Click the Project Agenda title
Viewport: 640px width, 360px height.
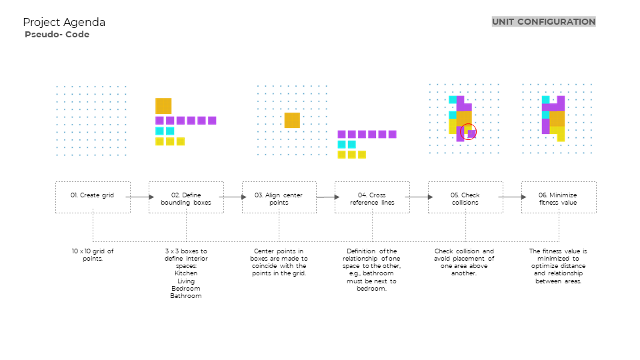click(64, 23)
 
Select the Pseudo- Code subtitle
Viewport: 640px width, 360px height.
click(57, 35)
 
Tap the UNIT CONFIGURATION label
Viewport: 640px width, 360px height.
click(543, 22)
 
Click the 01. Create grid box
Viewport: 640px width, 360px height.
click(93, 197)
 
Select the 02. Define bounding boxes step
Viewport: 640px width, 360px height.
click(186, 197)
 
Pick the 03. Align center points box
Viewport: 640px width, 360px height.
click(279, 197)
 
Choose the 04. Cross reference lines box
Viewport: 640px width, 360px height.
click(372, 197)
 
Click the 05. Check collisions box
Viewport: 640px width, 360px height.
click(465, 197)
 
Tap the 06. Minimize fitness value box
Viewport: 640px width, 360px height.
click(559, 197)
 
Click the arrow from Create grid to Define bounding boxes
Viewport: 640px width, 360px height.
click(139, 197)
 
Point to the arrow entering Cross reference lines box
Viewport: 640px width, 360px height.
click(325, 197)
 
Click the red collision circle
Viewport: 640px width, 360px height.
click(469, 131)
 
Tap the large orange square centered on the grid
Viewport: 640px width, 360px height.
click(292, 120)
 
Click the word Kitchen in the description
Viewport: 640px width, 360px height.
click(186, 273)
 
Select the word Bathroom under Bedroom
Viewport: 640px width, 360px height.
click(186, 295)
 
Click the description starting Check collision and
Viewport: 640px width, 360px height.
click(464, 262)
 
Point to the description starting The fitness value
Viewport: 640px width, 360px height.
click(558, 266)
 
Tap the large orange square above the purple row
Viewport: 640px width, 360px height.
click(163, 106)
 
